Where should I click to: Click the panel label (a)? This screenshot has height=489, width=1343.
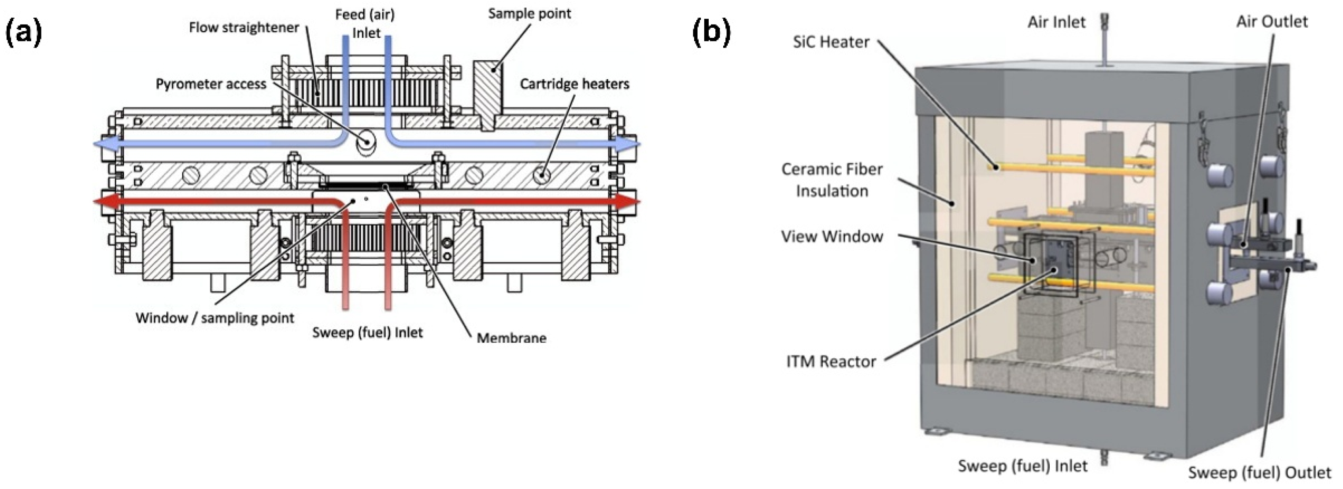click(23, 32)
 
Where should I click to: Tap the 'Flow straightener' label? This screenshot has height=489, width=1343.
click(244, 28)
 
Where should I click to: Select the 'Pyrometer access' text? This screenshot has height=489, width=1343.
click(211, 84)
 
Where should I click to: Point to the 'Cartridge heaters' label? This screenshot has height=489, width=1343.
click(574, 84)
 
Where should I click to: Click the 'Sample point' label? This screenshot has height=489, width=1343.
click(529, 14)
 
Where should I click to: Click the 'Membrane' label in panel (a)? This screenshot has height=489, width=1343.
click(511, 338)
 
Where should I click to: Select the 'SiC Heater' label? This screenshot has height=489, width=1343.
click(831, 42)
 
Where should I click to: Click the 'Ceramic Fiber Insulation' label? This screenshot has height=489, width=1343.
click(832, 180)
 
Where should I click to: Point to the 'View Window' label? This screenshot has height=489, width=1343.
click(832, 236)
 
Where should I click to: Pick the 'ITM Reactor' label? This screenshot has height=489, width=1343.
click(831, 361)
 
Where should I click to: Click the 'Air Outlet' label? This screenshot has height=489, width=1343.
click(1272, 22)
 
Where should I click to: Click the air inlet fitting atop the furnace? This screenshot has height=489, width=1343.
click(1104, 37)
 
